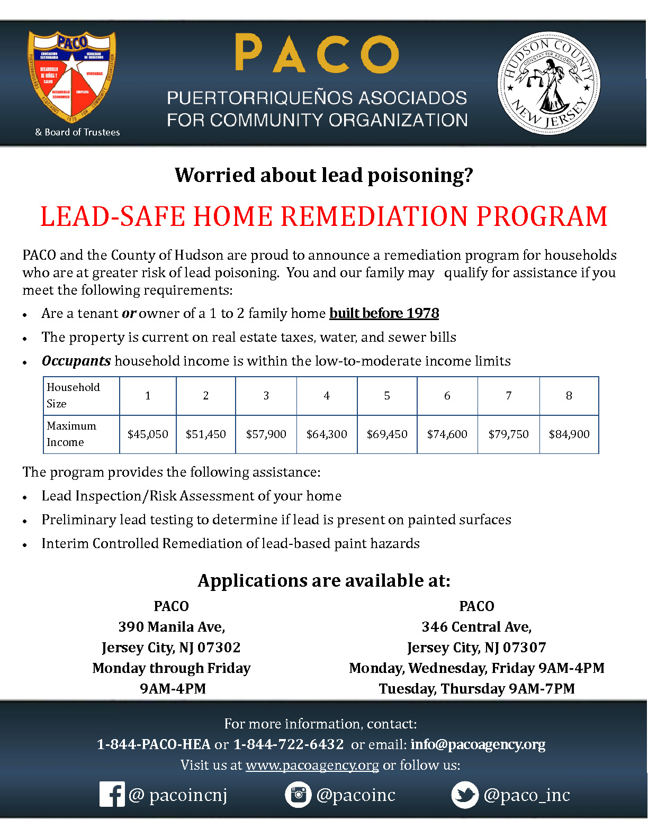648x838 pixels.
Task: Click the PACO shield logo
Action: [71, 77]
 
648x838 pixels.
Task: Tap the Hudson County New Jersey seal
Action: [548, 84]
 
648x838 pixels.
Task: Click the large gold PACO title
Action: [317, 53]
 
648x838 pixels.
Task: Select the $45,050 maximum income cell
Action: [148, 434]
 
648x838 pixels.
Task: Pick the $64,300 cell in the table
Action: [327, 434]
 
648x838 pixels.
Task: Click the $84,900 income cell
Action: [569, 434]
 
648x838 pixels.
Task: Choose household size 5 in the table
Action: [387, 396]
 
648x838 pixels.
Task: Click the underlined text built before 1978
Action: [384, 313]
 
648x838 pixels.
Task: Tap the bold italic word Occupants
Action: [76, 361]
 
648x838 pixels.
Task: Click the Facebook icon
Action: [112, 794]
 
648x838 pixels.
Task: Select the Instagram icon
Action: [298, 794]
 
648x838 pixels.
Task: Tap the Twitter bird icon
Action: [464, 795]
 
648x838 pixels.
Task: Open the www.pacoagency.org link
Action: [312, 765]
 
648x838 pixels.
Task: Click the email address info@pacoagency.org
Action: [478, 744]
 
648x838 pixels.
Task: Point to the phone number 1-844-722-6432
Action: [289, 744]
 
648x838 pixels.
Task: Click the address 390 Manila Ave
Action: [172, 627]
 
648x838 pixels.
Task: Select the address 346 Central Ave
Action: [476, 627]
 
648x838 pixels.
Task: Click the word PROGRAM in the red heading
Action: [542, 216]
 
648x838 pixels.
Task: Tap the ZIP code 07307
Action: [524, 648]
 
